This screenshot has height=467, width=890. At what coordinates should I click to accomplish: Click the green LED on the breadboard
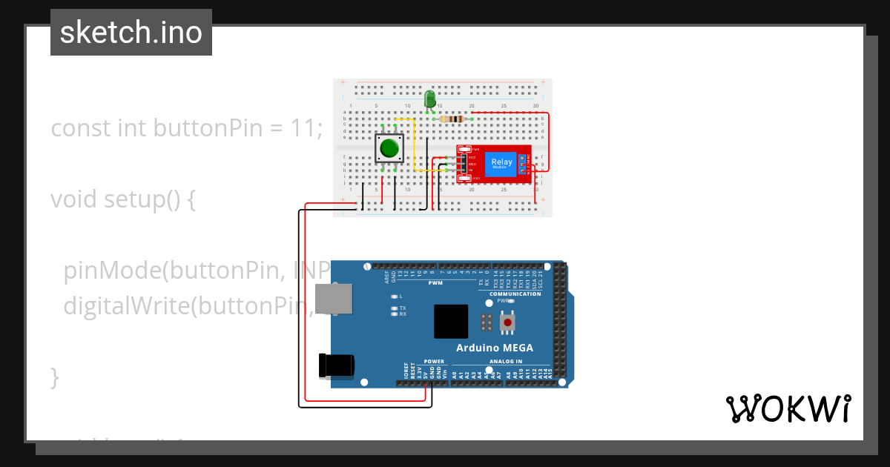click(x=430, y=99)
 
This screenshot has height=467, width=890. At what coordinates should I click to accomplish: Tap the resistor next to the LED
click(x=451, y=119)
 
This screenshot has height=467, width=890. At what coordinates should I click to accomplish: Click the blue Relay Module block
click(x=501, y=163)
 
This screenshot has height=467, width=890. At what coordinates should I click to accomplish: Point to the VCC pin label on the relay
click(x=472, y=157)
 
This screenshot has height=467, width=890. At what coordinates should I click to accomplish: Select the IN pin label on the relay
click(x=471, y=170)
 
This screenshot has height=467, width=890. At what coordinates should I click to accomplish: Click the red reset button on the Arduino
click(x=507, y=322)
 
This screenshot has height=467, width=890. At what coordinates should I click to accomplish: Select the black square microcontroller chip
click(x=451, y=322)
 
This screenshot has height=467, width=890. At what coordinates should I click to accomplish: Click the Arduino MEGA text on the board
click(x=494, y=348)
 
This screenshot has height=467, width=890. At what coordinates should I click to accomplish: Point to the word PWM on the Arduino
click(x=435, y=283)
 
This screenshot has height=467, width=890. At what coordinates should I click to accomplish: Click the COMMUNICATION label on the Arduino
click(x=515, y=294)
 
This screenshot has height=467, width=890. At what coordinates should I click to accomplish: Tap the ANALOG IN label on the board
click(x=506, y=361)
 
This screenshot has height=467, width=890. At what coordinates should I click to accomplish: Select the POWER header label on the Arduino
click(x=434, y=361)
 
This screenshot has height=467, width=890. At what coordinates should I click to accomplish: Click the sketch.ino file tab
click(x=131, y=33)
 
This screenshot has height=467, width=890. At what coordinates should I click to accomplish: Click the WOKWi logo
click(x=788, y=408)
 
